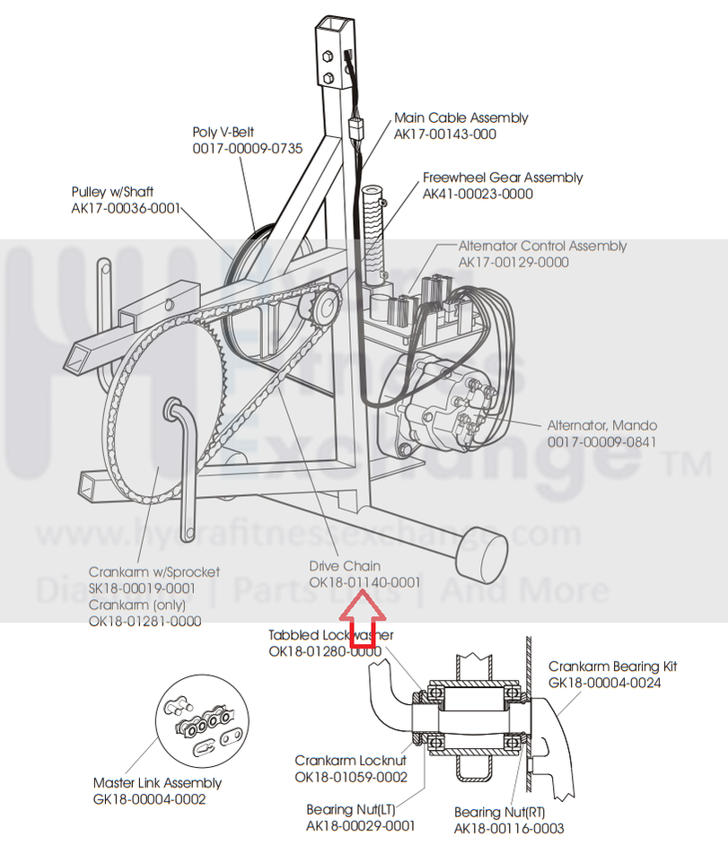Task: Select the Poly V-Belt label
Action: tap(224, 131)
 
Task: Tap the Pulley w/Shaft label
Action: tap(112, 192)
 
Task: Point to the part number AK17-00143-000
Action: tap(445, 134)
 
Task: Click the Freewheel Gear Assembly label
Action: tap(503, 178)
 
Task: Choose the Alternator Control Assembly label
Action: tap(542, 246)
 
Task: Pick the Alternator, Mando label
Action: tap(602, 425)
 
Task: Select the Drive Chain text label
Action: tap(345, 566)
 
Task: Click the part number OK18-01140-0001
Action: tap(364, 582)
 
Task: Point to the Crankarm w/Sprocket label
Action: tap(153, 571)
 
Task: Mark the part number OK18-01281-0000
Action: tap(145, 621)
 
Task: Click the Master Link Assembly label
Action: tap(157, 783)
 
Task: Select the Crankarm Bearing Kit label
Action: tap(612, 666)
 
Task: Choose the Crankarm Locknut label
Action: tap(350, 761)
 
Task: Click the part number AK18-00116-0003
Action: tap(509, 828)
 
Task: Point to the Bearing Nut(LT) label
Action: tap(350, 810)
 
